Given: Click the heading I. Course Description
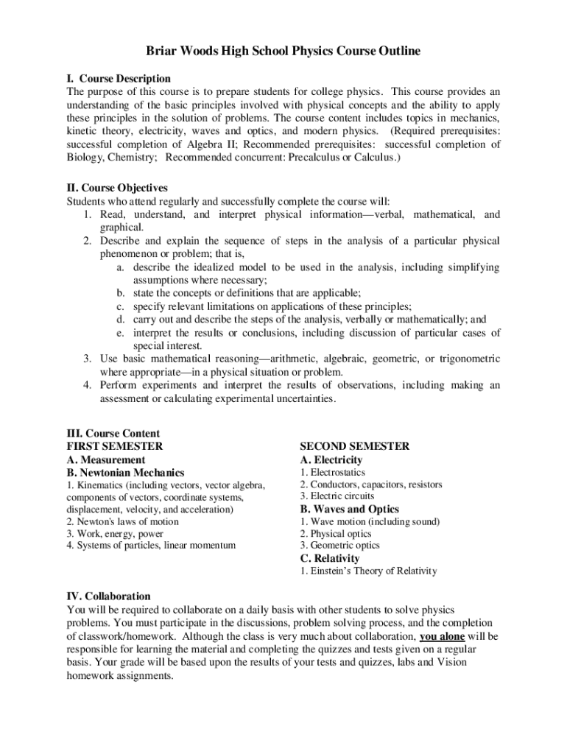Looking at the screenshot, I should tap(119, 78).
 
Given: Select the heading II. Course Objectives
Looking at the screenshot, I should tap(117, 188).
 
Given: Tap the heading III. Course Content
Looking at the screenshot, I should tap(113, 434).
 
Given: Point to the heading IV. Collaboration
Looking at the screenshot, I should tap(109, 596).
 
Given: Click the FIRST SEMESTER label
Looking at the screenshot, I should tap(114, 446).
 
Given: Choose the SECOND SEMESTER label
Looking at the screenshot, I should tap(354, 446).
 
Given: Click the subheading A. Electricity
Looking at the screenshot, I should tap(333, 459).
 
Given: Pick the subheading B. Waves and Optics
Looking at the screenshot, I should tap(349, 509).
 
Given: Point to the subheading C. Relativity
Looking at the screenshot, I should tap(329, 558).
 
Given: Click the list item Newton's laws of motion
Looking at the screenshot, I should tap(122, 521).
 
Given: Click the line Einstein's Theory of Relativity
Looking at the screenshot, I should tap(368, 571).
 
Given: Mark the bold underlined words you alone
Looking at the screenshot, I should tap(442, 635).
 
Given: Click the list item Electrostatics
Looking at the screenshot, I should tap(332, 472).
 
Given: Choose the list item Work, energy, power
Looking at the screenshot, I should tap(115, 533).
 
